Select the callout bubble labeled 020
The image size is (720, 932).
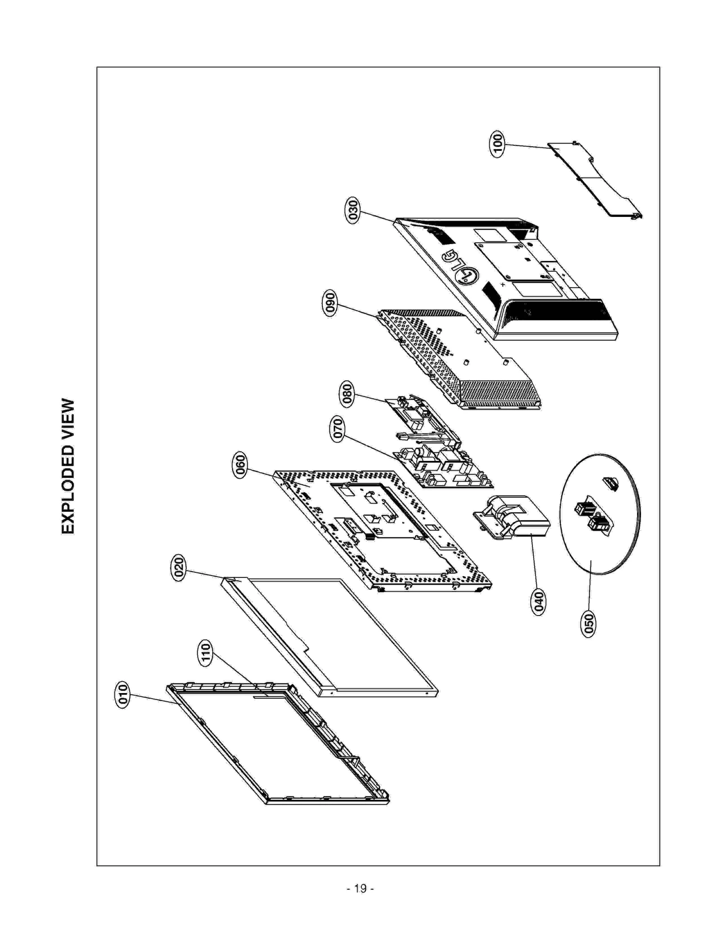(x=179, y=568)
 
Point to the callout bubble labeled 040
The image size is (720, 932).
(x=538, y=602)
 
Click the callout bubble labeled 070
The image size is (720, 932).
(x=337, y=429)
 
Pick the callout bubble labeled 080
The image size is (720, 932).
(x=346, y=394)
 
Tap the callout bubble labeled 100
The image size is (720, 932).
(x=497, y=144)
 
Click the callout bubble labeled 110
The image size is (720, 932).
(x=205, y=653)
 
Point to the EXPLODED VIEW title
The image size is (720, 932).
(x=68, y=466)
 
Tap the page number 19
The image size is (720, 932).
(x=360, y=888)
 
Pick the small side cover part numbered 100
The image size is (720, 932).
(x=594, y=180)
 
